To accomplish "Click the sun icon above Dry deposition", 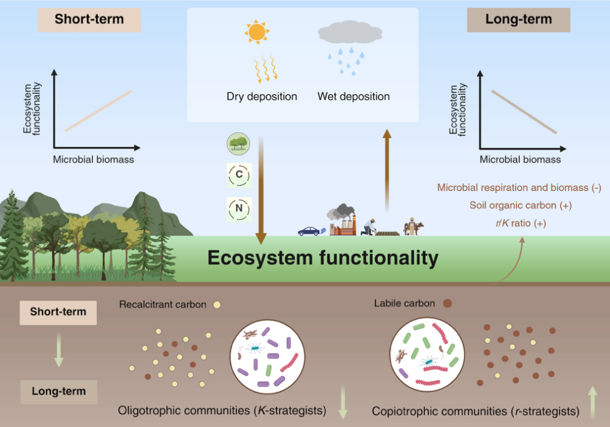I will [x=256, y=32].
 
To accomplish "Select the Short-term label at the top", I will [x=89, y=19].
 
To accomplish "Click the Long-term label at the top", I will [x=518, y=19].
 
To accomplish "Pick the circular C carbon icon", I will [x=239, y=175].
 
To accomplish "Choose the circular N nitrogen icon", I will [x=239, y=209].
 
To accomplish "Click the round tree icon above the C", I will [x=239, y=143].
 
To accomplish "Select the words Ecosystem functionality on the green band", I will [x=323, y=258].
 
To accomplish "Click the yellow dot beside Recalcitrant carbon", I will [x=217, y=305].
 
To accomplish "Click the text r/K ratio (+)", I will [x=520, y=224].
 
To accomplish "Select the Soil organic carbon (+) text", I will [x=520, y=205].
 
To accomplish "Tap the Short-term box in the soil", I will [x=58, y=312].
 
